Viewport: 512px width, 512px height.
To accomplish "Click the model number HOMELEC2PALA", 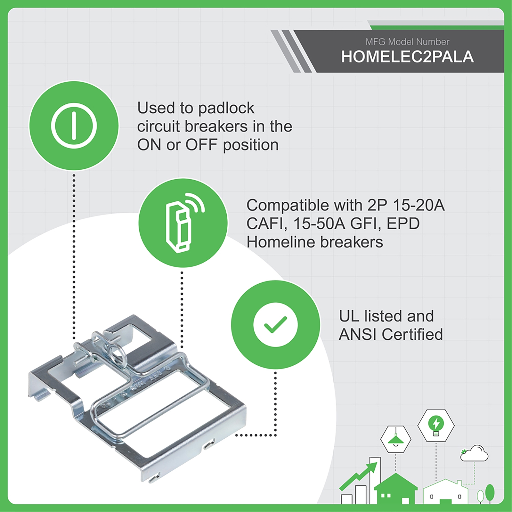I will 407,57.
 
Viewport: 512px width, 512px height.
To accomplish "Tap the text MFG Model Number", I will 407,42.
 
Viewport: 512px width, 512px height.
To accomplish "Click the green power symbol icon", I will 74,126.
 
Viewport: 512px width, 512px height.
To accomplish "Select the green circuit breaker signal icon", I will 183,223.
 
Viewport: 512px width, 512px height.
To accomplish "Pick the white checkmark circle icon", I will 275,325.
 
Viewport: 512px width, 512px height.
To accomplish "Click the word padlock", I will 226,108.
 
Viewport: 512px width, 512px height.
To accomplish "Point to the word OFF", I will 201,145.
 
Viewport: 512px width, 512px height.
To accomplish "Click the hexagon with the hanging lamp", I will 396,439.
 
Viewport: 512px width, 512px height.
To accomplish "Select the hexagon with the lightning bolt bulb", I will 436,425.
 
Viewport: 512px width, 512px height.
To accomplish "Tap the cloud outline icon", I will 475,453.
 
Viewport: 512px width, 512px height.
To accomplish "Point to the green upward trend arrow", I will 360,475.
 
